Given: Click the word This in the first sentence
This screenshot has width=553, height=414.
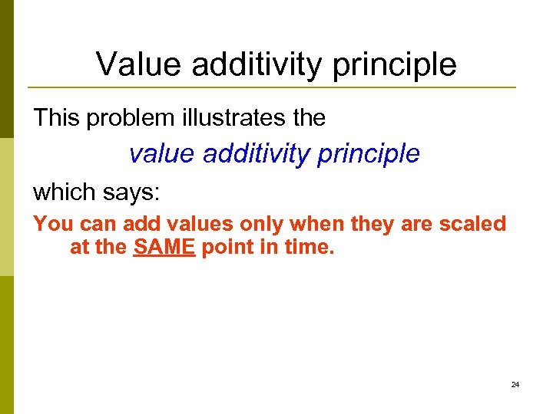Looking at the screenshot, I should click(x=56, y=118).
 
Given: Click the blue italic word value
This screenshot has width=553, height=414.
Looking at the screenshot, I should click(x=162, y=154).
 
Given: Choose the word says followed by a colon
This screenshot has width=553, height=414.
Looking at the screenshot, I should click(x=131, y=192).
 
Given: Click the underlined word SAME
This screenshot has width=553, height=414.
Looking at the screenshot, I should click(x=164, y=248).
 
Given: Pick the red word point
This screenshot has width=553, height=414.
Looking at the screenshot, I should click(x=226, y=249).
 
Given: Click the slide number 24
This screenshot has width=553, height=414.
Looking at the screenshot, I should click(x=515, y=384).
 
